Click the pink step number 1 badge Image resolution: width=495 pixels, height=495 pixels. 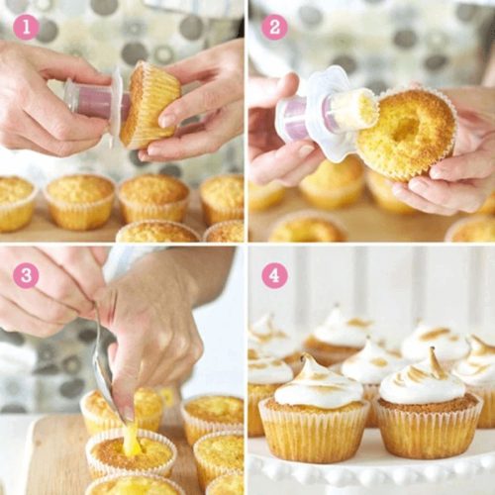(x=26, y=27)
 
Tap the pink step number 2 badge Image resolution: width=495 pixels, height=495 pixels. (x=274, y=27)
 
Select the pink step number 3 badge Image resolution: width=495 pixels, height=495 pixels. (x=26, y=274)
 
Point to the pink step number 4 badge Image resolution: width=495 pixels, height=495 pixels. (x=274, y=274)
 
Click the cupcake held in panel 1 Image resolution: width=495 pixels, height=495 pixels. (x=149, y=103)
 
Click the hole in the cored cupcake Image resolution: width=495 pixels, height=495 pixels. (x=406, y=127)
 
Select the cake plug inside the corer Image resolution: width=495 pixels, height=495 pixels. (x=355, y=109)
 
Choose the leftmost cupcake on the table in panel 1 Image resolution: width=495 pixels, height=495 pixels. (x=15, y=203)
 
